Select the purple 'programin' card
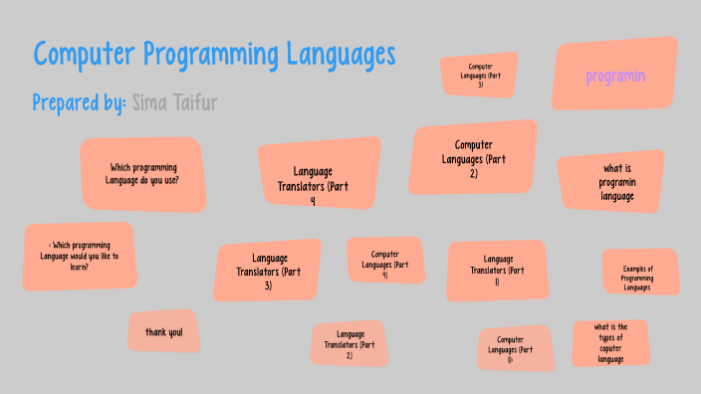pos(615,76)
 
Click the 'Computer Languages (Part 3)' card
pos(479,76)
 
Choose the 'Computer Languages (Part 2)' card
pos(473,159)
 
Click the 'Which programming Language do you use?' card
pos(142,174)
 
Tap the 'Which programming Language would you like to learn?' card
pos(79,256)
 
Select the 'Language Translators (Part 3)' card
pos(268,271)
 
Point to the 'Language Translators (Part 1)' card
pos(497,271)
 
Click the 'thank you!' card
pos(163,331)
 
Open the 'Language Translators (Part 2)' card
pos(350,344)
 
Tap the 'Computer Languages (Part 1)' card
pos(516,349)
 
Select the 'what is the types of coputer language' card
pos(610,342)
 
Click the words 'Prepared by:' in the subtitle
pos(78,102)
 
